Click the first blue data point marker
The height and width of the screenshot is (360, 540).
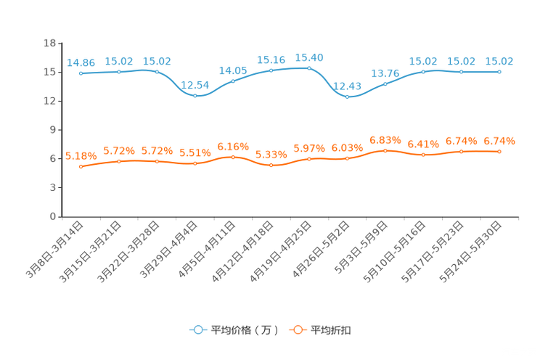pos(81,73)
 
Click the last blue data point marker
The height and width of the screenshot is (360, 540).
pos(499,71)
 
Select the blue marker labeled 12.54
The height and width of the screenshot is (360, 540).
pos(195,96)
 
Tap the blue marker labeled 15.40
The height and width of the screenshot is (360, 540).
pos(309,68)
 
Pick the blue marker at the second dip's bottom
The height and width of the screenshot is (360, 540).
pos(348,97)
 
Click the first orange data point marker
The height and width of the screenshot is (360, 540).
pos(81,167)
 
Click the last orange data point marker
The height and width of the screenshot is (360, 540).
pos(499,151)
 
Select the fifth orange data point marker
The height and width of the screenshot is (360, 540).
pos(233,157)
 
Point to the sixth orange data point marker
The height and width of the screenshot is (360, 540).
pos(271,165)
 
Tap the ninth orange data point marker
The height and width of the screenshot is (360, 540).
pos(385,150)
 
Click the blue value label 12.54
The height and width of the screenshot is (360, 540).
pos(195,85)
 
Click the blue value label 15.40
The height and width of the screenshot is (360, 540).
pos(309,57)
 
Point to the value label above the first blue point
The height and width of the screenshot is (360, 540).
pos(81,62)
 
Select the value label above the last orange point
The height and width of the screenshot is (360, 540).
pos(499,140)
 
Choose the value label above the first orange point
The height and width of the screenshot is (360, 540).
pos(81,156)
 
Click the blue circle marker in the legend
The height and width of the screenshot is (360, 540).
pos(197,330)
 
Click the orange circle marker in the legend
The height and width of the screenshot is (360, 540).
pos(298,330)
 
